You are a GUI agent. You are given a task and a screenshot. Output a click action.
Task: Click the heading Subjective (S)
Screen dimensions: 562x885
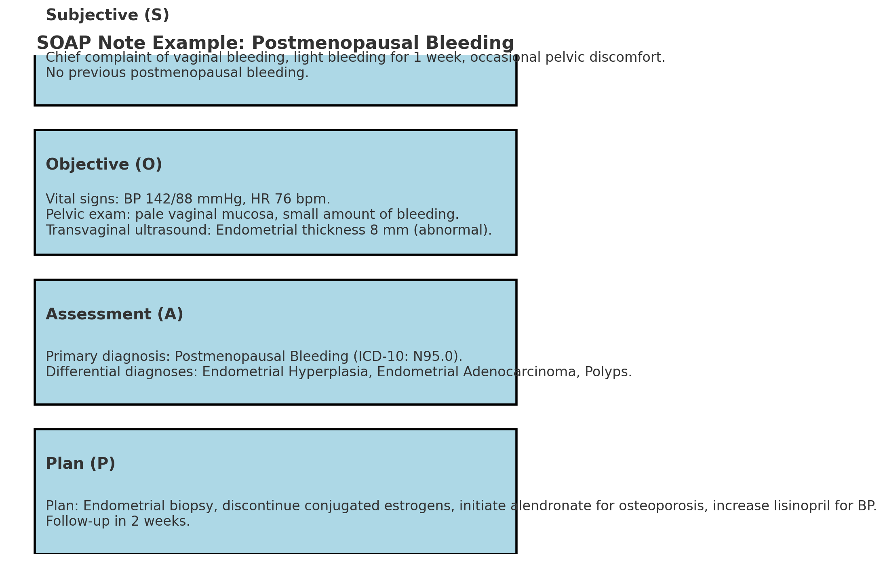(x=107, y=15)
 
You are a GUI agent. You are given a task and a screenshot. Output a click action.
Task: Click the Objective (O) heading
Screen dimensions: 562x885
(x=104, y=165)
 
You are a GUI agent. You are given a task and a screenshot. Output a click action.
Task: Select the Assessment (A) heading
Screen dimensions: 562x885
(x=114, y=315)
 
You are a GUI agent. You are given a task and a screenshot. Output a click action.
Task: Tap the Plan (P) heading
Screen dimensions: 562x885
(x=80, y=464)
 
